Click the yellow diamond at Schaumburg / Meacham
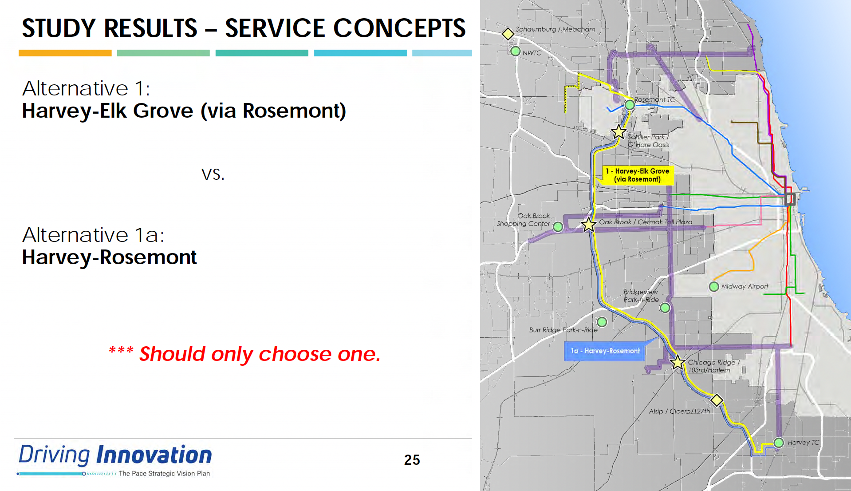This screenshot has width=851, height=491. (508, 34)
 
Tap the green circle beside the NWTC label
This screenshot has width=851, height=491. (515, 51)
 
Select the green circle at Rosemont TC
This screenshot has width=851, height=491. (630, 105)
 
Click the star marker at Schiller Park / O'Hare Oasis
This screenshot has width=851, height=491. (619, 132)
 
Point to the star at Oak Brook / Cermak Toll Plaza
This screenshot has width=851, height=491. (589, 225)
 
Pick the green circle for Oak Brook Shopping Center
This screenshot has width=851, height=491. (558, 227)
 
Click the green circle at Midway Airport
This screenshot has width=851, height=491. (714, 287)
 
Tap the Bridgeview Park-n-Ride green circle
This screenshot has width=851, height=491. (665, 308)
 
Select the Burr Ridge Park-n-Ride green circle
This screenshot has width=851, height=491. (602, 322)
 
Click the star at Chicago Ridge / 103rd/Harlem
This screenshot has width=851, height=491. (678, 363)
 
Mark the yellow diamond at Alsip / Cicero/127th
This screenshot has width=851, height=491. (717, 400)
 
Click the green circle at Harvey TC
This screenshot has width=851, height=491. (779, 443)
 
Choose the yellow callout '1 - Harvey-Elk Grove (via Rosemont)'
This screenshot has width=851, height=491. (638, 175)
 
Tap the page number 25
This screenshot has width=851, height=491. (412, 460)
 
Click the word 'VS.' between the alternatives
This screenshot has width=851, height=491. (213, 174)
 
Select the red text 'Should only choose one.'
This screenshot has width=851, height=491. (260, 354)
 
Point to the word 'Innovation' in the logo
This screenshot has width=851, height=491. (154, 455)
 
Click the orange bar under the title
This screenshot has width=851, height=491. (65, 53)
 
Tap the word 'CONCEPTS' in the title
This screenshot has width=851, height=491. (399, 28)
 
